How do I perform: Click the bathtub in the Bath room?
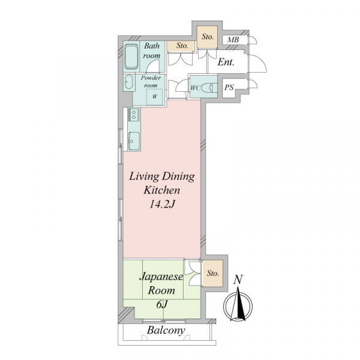[131, 57]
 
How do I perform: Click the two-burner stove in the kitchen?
[134, 115]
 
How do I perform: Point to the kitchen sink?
[133, 141]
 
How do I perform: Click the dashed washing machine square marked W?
[155, 97]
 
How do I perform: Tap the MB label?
[233, 40]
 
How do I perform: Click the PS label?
[229, 87]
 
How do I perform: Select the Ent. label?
[226, 62]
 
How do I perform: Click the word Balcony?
[166, 331]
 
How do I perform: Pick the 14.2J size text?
[163, 204]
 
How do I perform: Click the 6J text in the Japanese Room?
[163, 305]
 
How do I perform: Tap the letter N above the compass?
[238, 280]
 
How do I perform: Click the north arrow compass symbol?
[238, 307]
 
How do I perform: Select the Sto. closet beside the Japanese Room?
[212, 273]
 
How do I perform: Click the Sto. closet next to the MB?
[208, 37]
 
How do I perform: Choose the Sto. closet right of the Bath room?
[181, 46]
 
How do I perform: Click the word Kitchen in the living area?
[162, 190]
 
